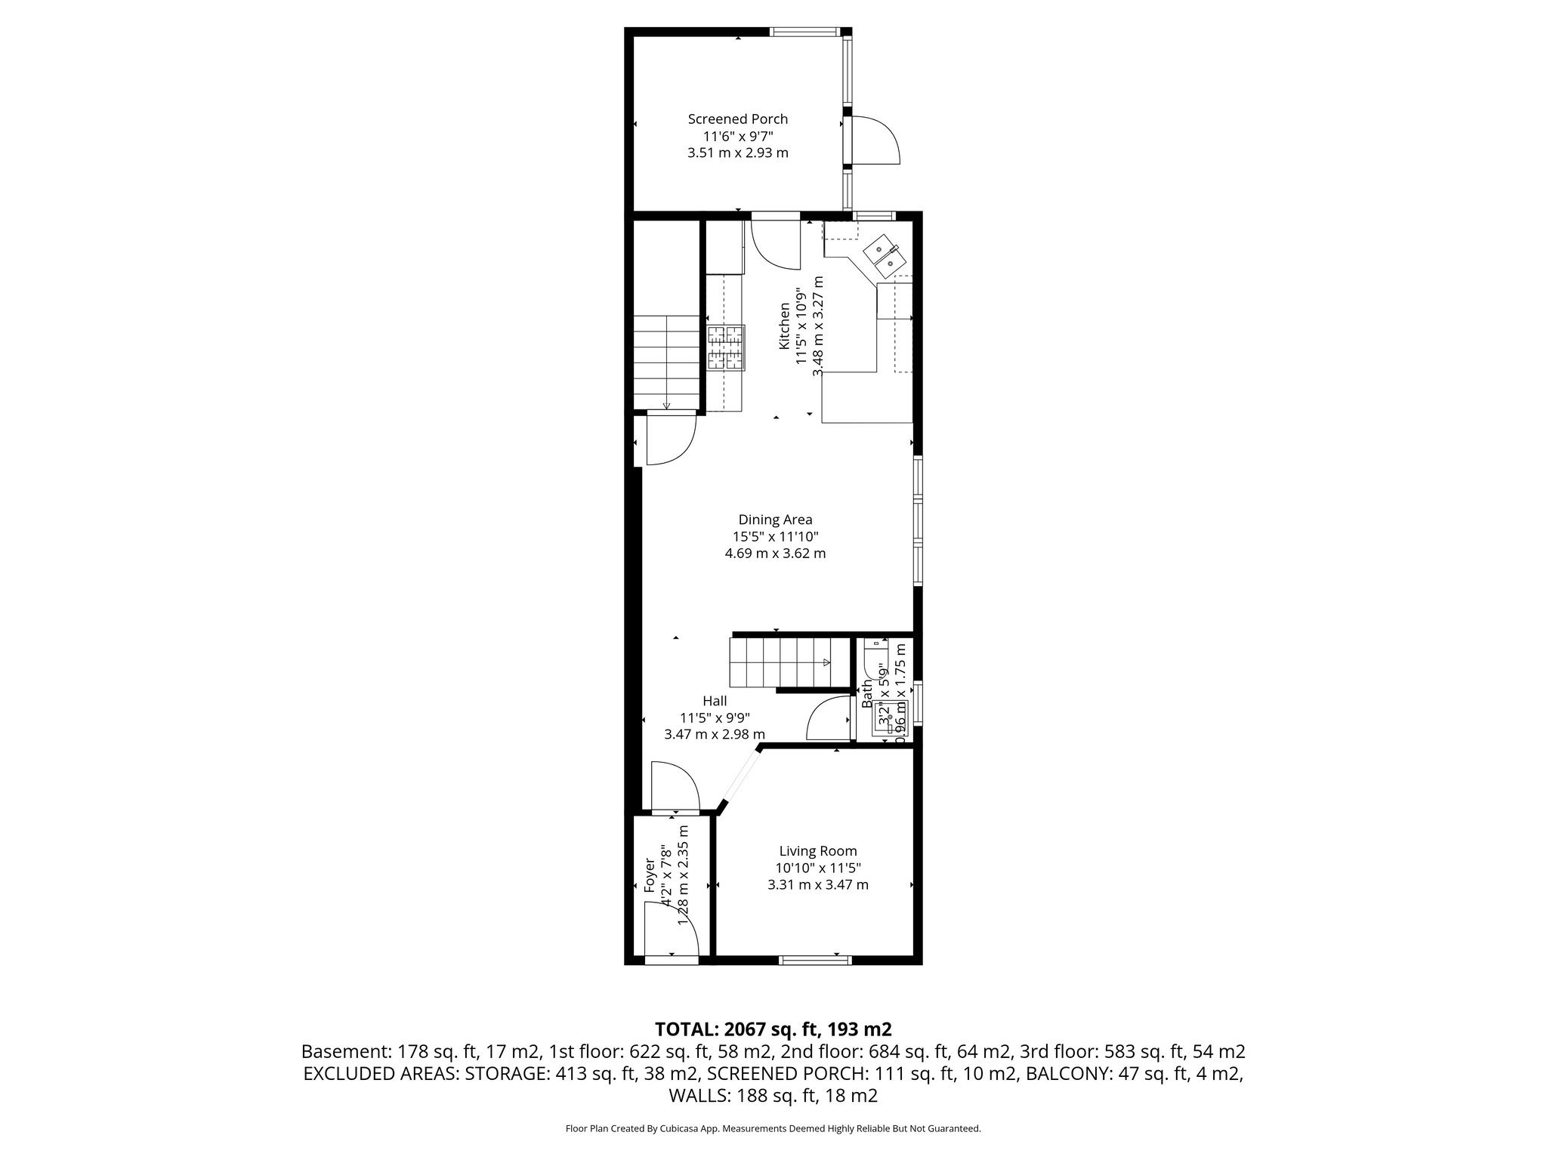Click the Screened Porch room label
tap(737, 119)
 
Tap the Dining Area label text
tap(775, 520)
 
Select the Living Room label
tap(818, 851)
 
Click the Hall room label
tap(714, 701)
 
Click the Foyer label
tap(650, 875)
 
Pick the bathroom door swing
tap(829, 719)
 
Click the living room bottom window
tap(815, 961)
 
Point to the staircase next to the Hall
tap(780, 662)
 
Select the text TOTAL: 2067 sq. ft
tap(773, 1029)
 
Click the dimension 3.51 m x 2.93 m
tap(737, 153)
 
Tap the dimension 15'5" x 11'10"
tap(775, 537)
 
